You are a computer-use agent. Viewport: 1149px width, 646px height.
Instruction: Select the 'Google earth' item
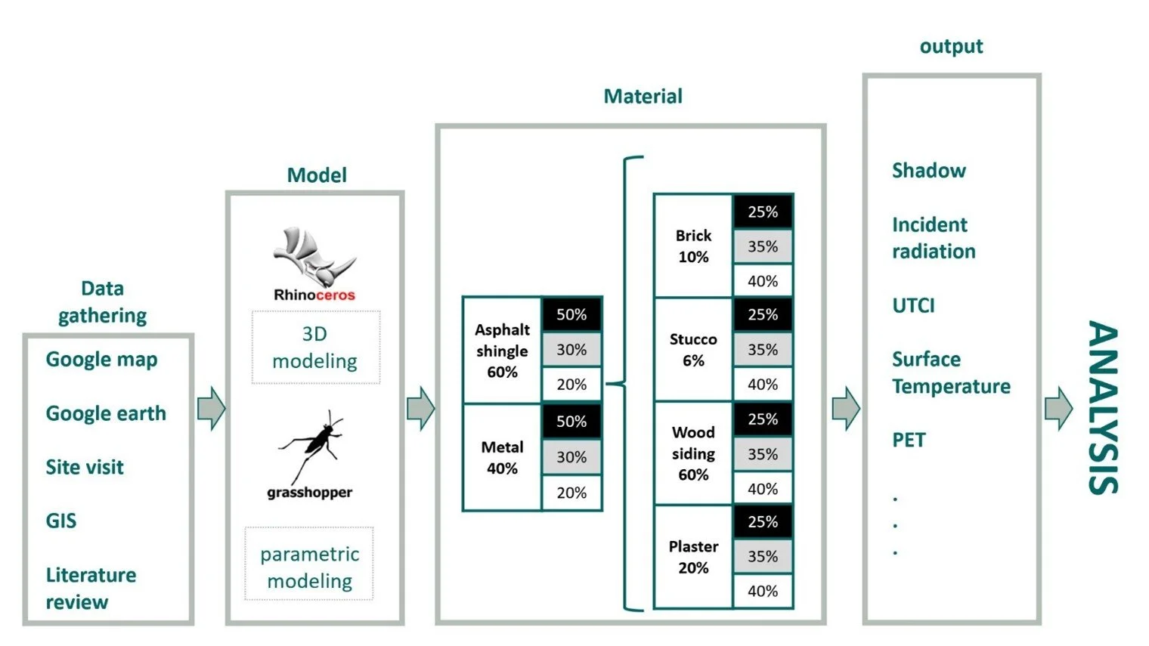(106, 413)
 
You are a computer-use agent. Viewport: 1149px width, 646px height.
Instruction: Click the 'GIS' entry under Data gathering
(61, 521)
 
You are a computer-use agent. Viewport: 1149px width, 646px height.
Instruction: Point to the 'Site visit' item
(85, 467)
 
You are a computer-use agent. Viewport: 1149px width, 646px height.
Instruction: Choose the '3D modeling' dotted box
(315, 348)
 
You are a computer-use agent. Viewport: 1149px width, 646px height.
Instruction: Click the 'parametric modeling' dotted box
(310, 567)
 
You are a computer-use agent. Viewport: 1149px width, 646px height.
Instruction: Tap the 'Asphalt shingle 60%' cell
(502, 351)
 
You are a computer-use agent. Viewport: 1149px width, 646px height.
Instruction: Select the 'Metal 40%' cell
(502, 458)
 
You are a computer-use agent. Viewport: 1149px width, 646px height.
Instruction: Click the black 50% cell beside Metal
(571, 422)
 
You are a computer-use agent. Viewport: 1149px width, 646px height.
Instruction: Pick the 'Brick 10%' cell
(693, 246)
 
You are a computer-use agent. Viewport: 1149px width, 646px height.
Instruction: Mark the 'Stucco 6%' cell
(693, 350)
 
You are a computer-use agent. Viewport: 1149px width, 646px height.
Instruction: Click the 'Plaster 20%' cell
(693, 557)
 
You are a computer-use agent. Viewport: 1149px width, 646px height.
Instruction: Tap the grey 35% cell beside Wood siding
(762, 454)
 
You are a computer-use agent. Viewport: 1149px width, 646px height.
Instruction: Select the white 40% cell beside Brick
(762, 281)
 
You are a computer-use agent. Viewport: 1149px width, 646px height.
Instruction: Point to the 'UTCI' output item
(913, 305)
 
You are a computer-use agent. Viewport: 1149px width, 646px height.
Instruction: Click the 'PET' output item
(909, 440)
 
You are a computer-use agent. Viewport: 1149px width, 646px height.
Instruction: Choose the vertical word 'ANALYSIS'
(1103, 408)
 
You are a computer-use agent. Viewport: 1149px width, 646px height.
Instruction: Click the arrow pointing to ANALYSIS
(1058, 409)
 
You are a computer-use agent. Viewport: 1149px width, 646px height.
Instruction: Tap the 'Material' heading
(643, 96)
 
